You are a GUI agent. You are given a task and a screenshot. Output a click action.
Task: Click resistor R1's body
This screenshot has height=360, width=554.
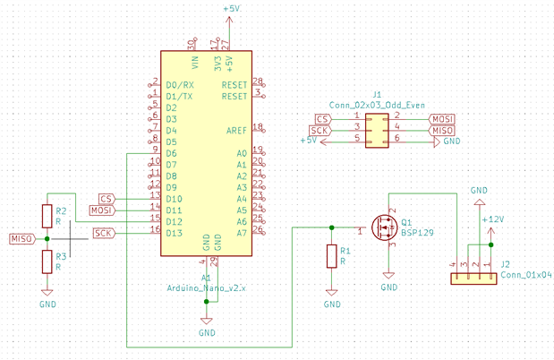[332, 257]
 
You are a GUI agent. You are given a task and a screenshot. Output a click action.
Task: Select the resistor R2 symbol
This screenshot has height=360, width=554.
[47, 216]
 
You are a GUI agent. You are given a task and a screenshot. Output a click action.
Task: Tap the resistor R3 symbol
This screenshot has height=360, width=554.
[47, 261]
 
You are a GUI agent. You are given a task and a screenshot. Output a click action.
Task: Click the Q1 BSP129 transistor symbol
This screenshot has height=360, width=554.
[387, 228]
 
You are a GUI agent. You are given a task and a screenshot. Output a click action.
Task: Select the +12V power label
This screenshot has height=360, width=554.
[492, 219]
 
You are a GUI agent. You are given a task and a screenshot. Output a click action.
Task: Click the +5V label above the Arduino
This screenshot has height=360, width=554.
[231, 8]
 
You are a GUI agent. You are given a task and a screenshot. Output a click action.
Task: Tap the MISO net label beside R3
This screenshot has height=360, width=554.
[22, 239]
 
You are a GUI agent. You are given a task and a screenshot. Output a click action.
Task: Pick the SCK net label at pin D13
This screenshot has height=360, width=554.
[103, 234]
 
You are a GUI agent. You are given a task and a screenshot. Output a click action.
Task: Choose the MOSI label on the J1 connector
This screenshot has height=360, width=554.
[442, 119]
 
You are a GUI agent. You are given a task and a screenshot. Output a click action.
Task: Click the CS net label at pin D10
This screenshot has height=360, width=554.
[107, 199]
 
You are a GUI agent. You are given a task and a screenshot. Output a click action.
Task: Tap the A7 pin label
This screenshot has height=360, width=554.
[240, 233]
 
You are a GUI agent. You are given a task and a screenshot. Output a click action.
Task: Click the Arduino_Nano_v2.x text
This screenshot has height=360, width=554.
[206, 288]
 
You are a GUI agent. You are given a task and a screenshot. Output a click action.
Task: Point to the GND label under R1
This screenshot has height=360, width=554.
[332, 304]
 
